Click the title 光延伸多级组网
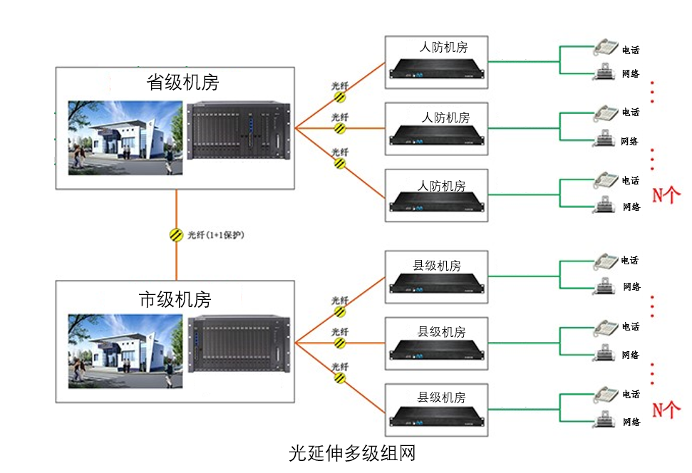[351, 453]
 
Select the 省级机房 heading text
[182, 83]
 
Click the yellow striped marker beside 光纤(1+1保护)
[176, 234]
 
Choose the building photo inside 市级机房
[125, 351]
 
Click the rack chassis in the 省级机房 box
[239, 132]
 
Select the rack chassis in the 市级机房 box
[239, 344]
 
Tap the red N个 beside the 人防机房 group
[666, 194]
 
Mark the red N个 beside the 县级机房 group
[666, 410]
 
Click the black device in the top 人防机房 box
[437, 68]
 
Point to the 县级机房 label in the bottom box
[441, 397]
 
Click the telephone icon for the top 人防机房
[606, 47]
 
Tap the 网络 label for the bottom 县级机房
[631, 422]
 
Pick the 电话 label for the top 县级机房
[630, 261]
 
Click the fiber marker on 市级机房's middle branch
[340, 343]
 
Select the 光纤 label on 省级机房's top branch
[340, 85]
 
